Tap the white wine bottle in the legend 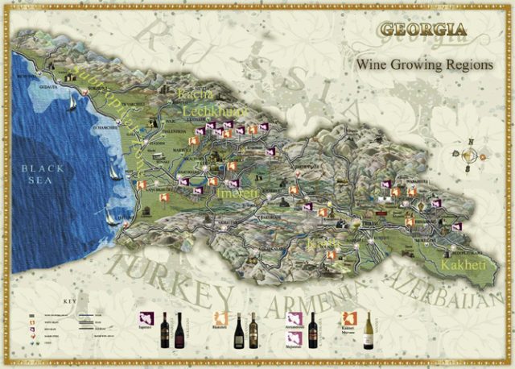368,330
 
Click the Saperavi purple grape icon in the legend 147,321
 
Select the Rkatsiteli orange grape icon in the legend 218,321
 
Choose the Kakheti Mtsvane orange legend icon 350,320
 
